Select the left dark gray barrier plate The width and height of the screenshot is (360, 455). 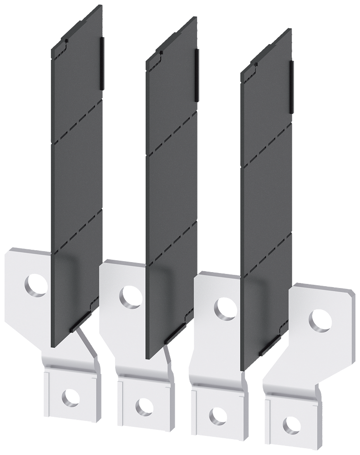click(77, 182)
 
